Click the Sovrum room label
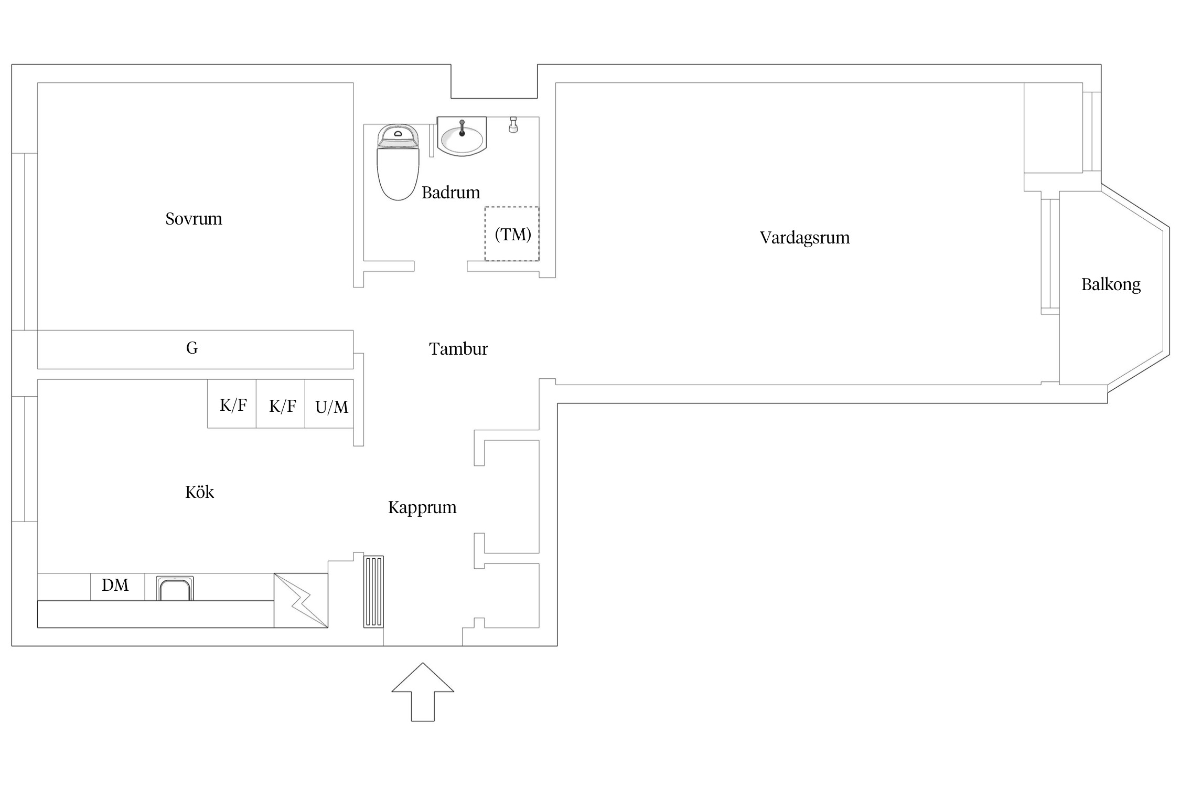tap(194, 219)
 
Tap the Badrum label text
tap(450, 193)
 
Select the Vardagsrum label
tap(804, 238)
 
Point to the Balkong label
tap(1111, 285)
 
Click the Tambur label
tap(458, 349)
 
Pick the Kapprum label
tap(422, 508)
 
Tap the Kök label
tap(199, 492)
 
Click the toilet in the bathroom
tap(398, 163)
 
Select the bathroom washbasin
tap(462, 136)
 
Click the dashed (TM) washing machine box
tap(512, 234)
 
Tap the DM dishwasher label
tap(115, 585)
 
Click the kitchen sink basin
tap(175, 589)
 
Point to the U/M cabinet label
tap(331, 407)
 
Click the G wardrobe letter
tap(192, 348)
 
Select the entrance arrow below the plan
tap(423, 692)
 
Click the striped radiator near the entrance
tap(373, 592)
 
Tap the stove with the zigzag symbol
tap(301, 600)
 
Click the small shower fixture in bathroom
tap(513, 125)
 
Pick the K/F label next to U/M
tap(282, 406)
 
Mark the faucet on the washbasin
tap(462, 128)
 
